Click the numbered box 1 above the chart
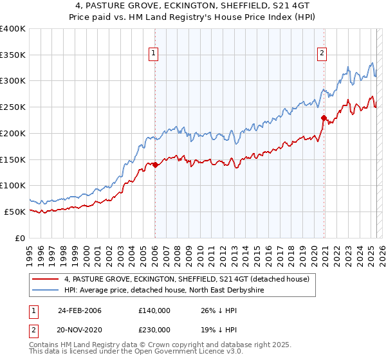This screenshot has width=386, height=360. click(154, 54)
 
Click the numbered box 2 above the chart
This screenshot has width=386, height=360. click(321, 54)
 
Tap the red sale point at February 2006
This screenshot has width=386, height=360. click(155, 165)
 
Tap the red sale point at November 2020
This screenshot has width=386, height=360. click(324, 118)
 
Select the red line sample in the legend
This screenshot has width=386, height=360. click(46, 279)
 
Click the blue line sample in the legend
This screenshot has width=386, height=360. click(46, 290)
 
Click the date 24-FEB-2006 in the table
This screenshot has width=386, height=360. click(79, 310)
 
